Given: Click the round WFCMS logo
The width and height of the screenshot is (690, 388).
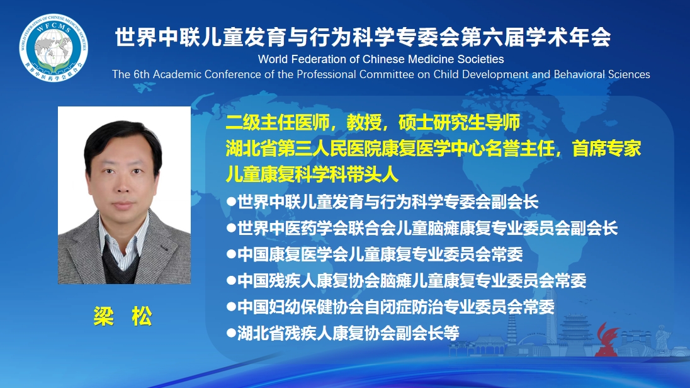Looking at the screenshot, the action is [x=54, y=48].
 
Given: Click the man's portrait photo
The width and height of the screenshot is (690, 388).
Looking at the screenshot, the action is [x=124, y=195].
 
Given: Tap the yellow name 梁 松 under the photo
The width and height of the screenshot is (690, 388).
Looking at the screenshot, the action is [x=123, y=316].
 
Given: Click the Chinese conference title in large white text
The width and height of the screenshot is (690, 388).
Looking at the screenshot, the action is [x=363, y=37].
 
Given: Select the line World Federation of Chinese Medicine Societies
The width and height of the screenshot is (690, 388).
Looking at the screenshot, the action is [x=381, y=59].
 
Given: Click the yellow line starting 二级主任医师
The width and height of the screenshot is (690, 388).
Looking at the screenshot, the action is [x=373, y=122].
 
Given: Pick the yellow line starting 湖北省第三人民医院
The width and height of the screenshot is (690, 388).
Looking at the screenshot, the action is [x=433, y=149].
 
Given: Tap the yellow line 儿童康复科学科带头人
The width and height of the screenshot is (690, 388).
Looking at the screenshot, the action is [x=312, y=174].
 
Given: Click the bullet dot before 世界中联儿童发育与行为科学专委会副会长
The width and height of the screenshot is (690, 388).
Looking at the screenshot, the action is [x=232, y=202].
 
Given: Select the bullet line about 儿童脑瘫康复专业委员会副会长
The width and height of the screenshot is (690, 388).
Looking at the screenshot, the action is [x=422, y=228].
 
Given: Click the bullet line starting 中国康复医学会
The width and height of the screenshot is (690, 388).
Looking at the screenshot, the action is [x=375, y=254].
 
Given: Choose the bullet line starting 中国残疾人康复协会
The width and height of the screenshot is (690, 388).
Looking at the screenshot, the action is [x=407, y=280].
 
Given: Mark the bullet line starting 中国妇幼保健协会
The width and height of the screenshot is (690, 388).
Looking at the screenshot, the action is [x=391, y=307].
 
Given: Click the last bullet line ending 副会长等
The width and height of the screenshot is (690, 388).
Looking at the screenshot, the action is [x=343, y=333].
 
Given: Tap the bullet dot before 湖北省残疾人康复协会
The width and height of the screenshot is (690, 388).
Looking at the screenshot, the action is [x=232, y=333].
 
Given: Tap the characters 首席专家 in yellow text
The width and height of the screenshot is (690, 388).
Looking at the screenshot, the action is [x=607, y=149].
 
